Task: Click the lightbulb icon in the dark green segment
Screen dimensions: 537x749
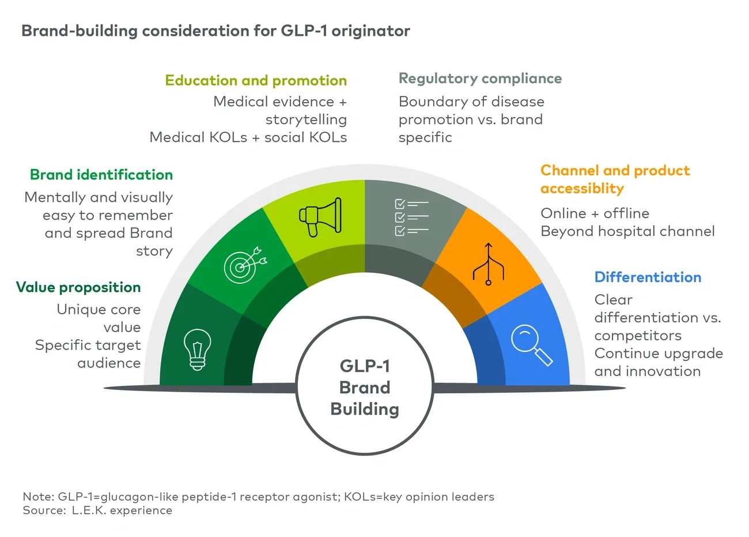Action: click(197, 348)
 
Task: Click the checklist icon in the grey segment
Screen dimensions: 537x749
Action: click(411, 217)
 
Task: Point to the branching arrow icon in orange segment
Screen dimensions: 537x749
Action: click(488, 265)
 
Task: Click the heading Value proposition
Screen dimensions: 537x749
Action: click(78, 287)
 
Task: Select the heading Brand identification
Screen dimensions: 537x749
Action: click(101, 175)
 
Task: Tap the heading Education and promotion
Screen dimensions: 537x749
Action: click(256, 80)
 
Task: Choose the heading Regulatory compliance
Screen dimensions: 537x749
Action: click(480, 78)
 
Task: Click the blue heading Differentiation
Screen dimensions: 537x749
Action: click(648, 277)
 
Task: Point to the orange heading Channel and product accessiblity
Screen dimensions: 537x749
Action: click(615, 179)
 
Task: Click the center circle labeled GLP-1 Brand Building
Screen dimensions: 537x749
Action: click(365, 387)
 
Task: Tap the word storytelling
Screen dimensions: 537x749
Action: click(306, 119)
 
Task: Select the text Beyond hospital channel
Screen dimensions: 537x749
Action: click(627, 231)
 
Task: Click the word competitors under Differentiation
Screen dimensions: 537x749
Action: click(637, 336)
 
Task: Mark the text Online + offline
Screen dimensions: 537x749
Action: click(595, 213)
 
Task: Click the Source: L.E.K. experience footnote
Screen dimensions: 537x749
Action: click(97, 510)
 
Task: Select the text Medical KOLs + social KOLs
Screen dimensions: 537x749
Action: click(248, 137)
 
